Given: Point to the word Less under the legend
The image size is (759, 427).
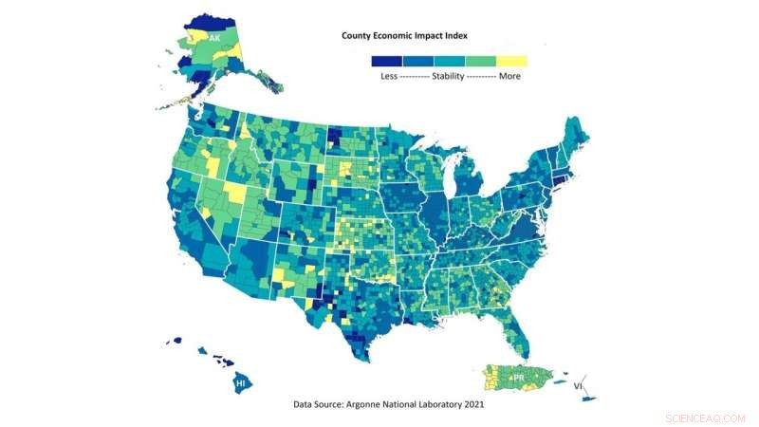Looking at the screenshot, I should [390, 76].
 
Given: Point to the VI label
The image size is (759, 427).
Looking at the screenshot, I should [577, 386].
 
